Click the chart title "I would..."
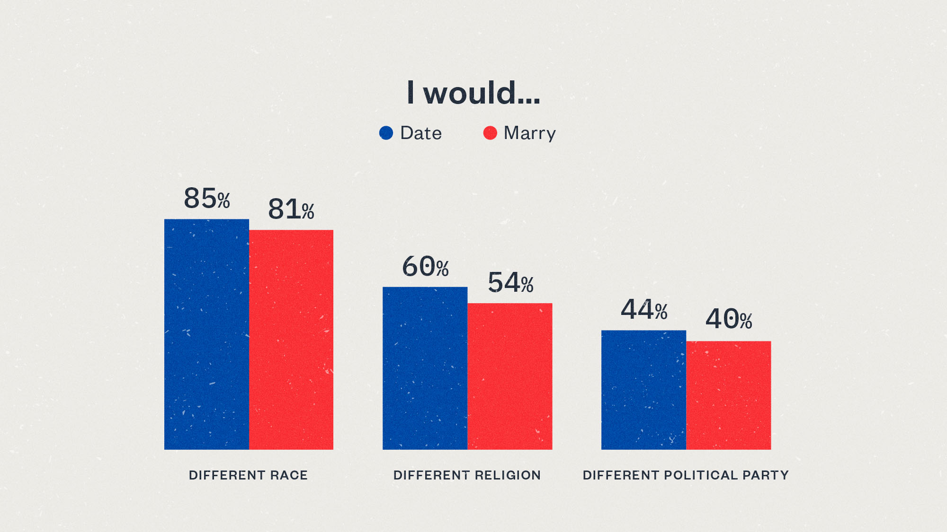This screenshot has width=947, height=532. click(473, 93)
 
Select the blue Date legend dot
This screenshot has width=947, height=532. click(386, 133)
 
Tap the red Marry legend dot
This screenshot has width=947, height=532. click(490, 133)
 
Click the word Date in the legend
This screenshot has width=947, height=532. click(420, 133)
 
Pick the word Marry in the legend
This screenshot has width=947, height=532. click(529, 133)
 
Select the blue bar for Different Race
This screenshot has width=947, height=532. click(206, 334)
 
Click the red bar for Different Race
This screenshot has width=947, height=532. click(291, 340)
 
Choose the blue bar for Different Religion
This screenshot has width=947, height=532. click(425, 368)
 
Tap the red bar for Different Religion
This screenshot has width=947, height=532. click(510, 376)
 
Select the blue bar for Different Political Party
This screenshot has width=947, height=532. click(643, 390)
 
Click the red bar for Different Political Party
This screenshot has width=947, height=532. click(729, 395)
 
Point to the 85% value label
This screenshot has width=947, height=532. click(207, 199)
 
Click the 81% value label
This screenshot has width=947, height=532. click(291, 209)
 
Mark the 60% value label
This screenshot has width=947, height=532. click(425, 267)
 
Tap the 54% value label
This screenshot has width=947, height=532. click(510, 283)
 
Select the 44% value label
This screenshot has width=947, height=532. click(644, 310)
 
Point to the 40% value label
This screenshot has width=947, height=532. click(729, 319)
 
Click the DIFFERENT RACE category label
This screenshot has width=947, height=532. click(248, 475)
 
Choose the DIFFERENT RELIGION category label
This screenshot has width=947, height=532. click(467, 475)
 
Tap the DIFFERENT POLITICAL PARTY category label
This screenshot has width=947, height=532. click(686, 475)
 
